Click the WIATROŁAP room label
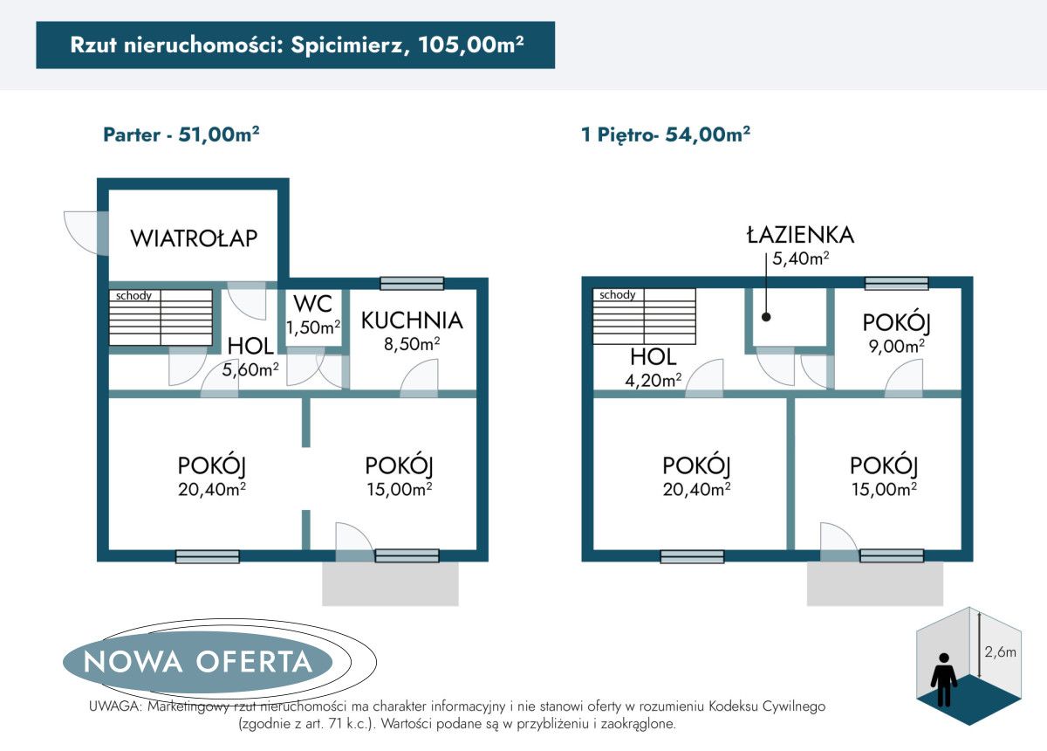pos(194,238)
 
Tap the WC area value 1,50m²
pos(313,327)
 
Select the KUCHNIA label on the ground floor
pos(412,320)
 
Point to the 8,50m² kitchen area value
pos(413,344)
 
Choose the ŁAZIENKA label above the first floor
pos(799,234)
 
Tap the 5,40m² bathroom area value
pos(799,258)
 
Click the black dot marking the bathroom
pos(766,318)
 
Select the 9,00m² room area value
pos(897,346)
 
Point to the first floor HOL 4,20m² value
pos(654,380)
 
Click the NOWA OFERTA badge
pos(198,661)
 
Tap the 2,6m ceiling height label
pos(999,651)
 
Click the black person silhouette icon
pos(943,679)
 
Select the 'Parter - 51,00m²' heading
pos(181,134)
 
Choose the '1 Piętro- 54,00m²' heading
pos(666,134)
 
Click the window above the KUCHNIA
pos(412,283)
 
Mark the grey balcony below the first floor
pos(875,583)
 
